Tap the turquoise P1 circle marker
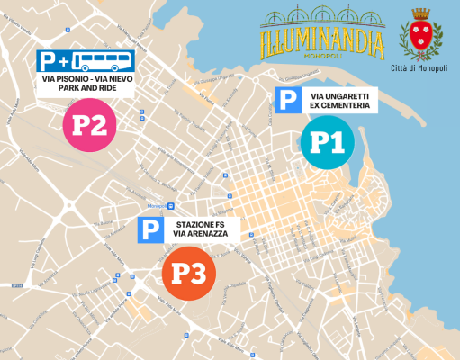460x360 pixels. click(x=327, y=142)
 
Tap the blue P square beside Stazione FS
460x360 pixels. click(x=150, y=230)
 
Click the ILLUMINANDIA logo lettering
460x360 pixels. click(x=321, y=41)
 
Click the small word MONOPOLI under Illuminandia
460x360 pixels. click(x=322, y=56)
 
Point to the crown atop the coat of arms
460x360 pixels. click(x=420, y=15)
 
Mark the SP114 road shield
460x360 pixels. click(x=16, y=285)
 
